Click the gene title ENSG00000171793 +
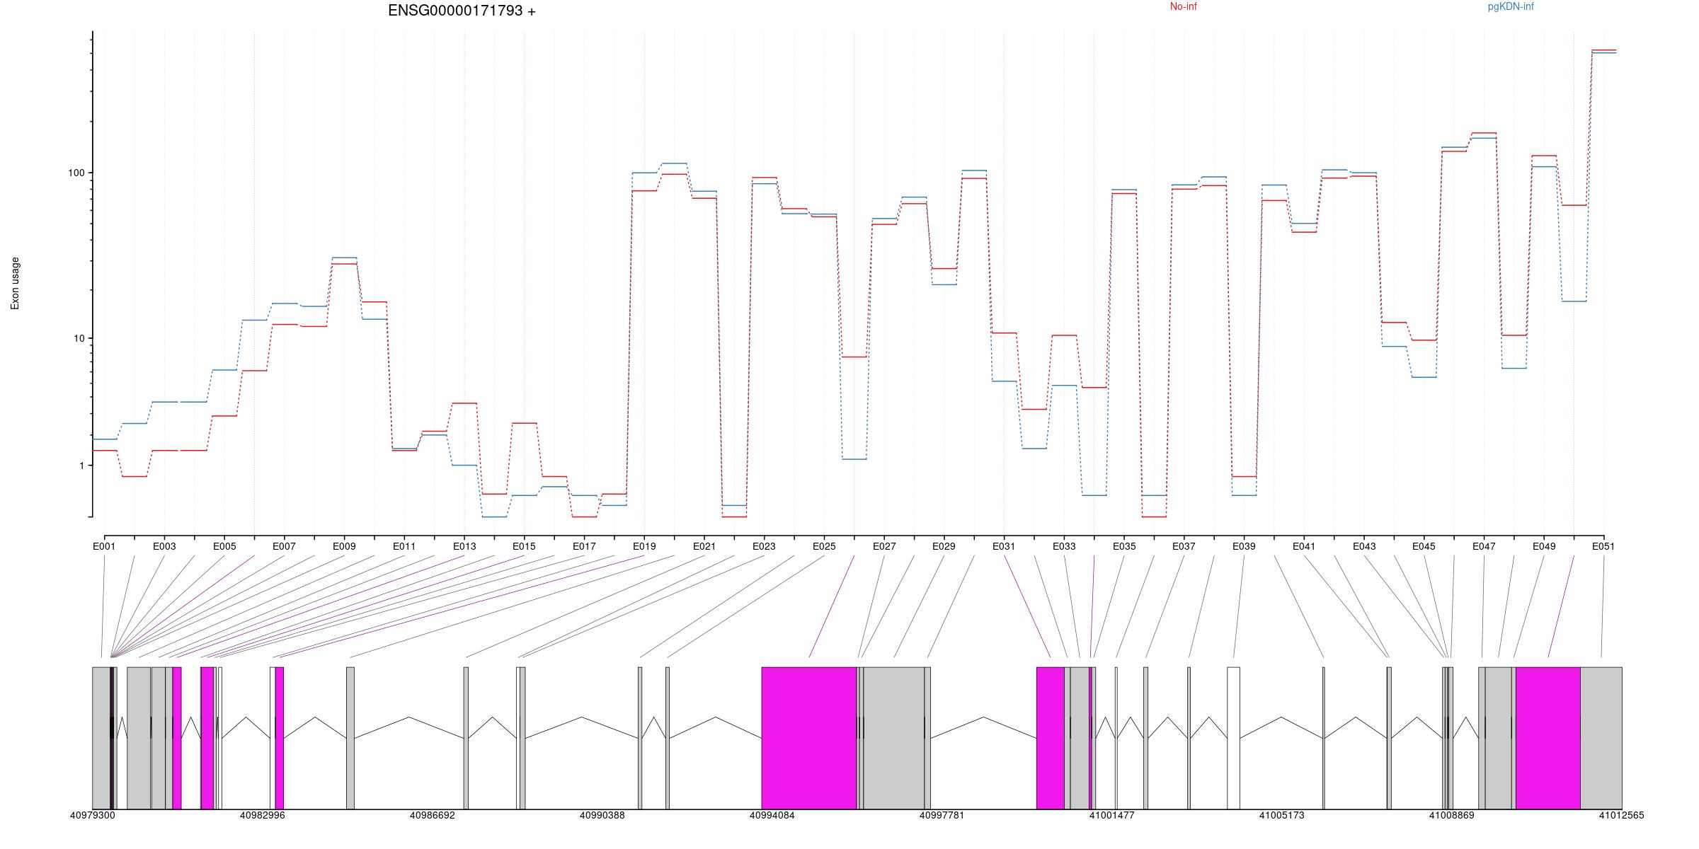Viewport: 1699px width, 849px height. pos(462,11)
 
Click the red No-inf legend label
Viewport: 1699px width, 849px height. pos(1183,7)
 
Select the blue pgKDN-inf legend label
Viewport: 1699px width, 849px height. pos(1511,7)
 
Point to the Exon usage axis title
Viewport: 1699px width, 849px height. pos(16,283)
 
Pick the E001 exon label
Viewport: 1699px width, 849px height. pos(104,546)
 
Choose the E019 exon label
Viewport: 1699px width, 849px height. pos(644,546)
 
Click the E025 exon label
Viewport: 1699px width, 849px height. pos(824,546)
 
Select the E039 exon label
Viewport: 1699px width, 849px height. pos(1244,546)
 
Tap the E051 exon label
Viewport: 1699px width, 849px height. pos(1603,546)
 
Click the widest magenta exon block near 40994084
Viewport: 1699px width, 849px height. pos(808,737)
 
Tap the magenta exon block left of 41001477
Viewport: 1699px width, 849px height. pos(1051,737)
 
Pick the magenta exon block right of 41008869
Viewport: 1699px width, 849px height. pos(1548,737)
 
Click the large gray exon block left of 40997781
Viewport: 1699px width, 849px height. pos(893,737)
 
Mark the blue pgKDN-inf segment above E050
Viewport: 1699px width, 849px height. pos(1574,301)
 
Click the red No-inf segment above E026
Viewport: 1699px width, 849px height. pos(854,357)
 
